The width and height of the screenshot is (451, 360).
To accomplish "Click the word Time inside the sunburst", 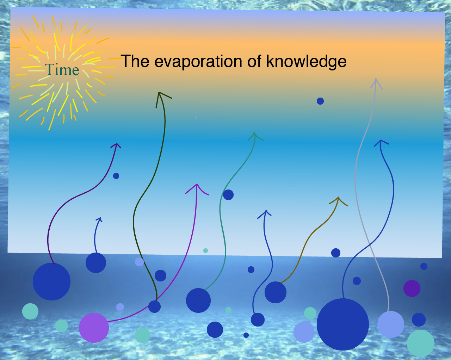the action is pos(62,69).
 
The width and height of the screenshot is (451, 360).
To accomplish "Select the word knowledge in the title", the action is pos(306,61).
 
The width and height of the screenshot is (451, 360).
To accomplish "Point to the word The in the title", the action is pos(135,61).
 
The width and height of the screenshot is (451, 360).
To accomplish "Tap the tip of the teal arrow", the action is pos(255,132).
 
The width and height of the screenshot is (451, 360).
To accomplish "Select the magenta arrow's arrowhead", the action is pos(197,188).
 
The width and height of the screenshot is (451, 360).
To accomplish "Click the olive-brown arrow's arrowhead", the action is pos(338,200).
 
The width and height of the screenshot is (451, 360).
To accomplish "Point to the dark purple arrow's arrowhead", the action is pos(116,145).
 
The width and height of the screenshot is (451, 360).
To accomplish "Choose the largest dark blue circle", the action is pos(343,324).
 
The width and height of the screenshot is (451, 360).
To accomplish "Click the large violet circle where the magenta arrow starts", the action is pos(94,328).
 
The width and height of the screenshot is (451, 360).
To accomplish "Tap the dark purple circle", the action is pos(412,288).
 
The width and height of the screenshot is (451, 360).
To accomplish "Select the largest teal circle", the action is pos(421,343).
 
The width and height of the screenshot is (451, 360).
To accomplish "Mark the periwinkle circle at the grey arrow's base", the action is pos(391,324).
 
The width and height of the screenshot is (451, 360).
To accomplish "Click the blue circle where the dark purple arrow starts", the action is pos(51,282).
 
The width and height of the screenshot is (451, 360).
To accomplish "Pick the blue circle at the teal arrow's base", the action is pos(198,300).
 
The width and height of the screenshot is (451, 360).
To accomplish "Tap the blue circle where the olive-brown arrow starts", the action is pos(276,292).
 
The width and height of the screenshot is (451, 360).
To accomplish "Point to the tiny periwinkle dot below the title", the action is pos(196,118).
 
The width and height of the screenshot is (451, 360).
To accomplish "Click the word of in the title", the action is pos(254,61).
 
